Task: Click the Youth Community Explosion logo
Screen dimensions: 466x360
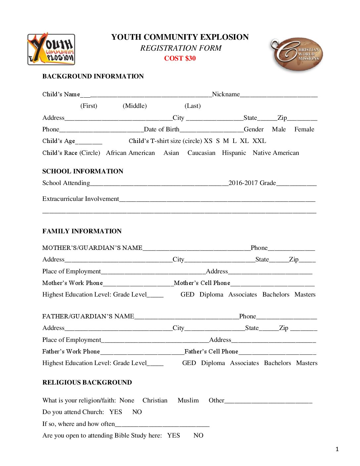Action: [x=51, y=49]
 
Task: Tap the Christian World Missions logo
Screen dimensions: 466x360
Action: [x=297, y=54]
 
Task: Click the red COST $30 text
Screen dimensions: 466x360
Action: [x=180, y=58]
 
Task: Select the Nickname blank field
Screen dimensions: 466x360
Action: [x=279, y=95]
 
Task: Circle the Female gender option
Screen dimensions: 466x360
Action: [x=304, y=129]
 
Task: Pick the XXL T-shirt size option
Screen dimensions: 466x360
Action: [x=259, y=141]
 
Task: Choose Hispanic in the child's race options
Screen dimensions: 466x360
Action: [x=234, y=153]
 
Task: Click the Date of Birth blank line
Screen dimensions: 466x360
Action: [x=211, y=130]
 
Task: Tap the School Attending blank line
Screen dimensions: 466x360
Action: [x=159, y=184]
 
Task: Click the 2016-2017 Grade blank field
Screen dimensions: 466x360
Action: [x=296, y=184]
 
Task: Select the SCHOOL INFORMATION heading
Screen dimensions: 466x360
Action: [x=83, y=171]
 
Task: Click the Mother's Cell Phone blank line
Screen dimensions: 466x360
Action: [x=272, y=284]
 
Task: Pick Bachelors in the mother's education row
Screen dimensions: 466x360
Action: [x=276, y=295]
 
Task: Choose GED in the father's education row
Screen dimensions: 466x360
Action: [x=189, y=363]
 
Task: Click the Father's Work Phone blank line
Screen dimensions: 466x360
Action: [x=142, y=352]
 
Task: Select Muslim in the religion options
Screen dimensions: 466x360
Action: [x=188, y=400]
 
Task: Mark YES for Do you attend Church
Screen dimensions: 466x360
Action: [x=116, y=412]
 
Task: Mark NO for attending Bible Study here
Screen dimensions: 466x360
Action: [x=198, y=436]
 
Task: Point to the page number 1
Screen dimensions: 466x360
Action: [x=337, y=449]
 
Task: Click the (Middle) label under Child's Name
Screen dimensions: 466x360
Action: [x=135, y=106]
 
